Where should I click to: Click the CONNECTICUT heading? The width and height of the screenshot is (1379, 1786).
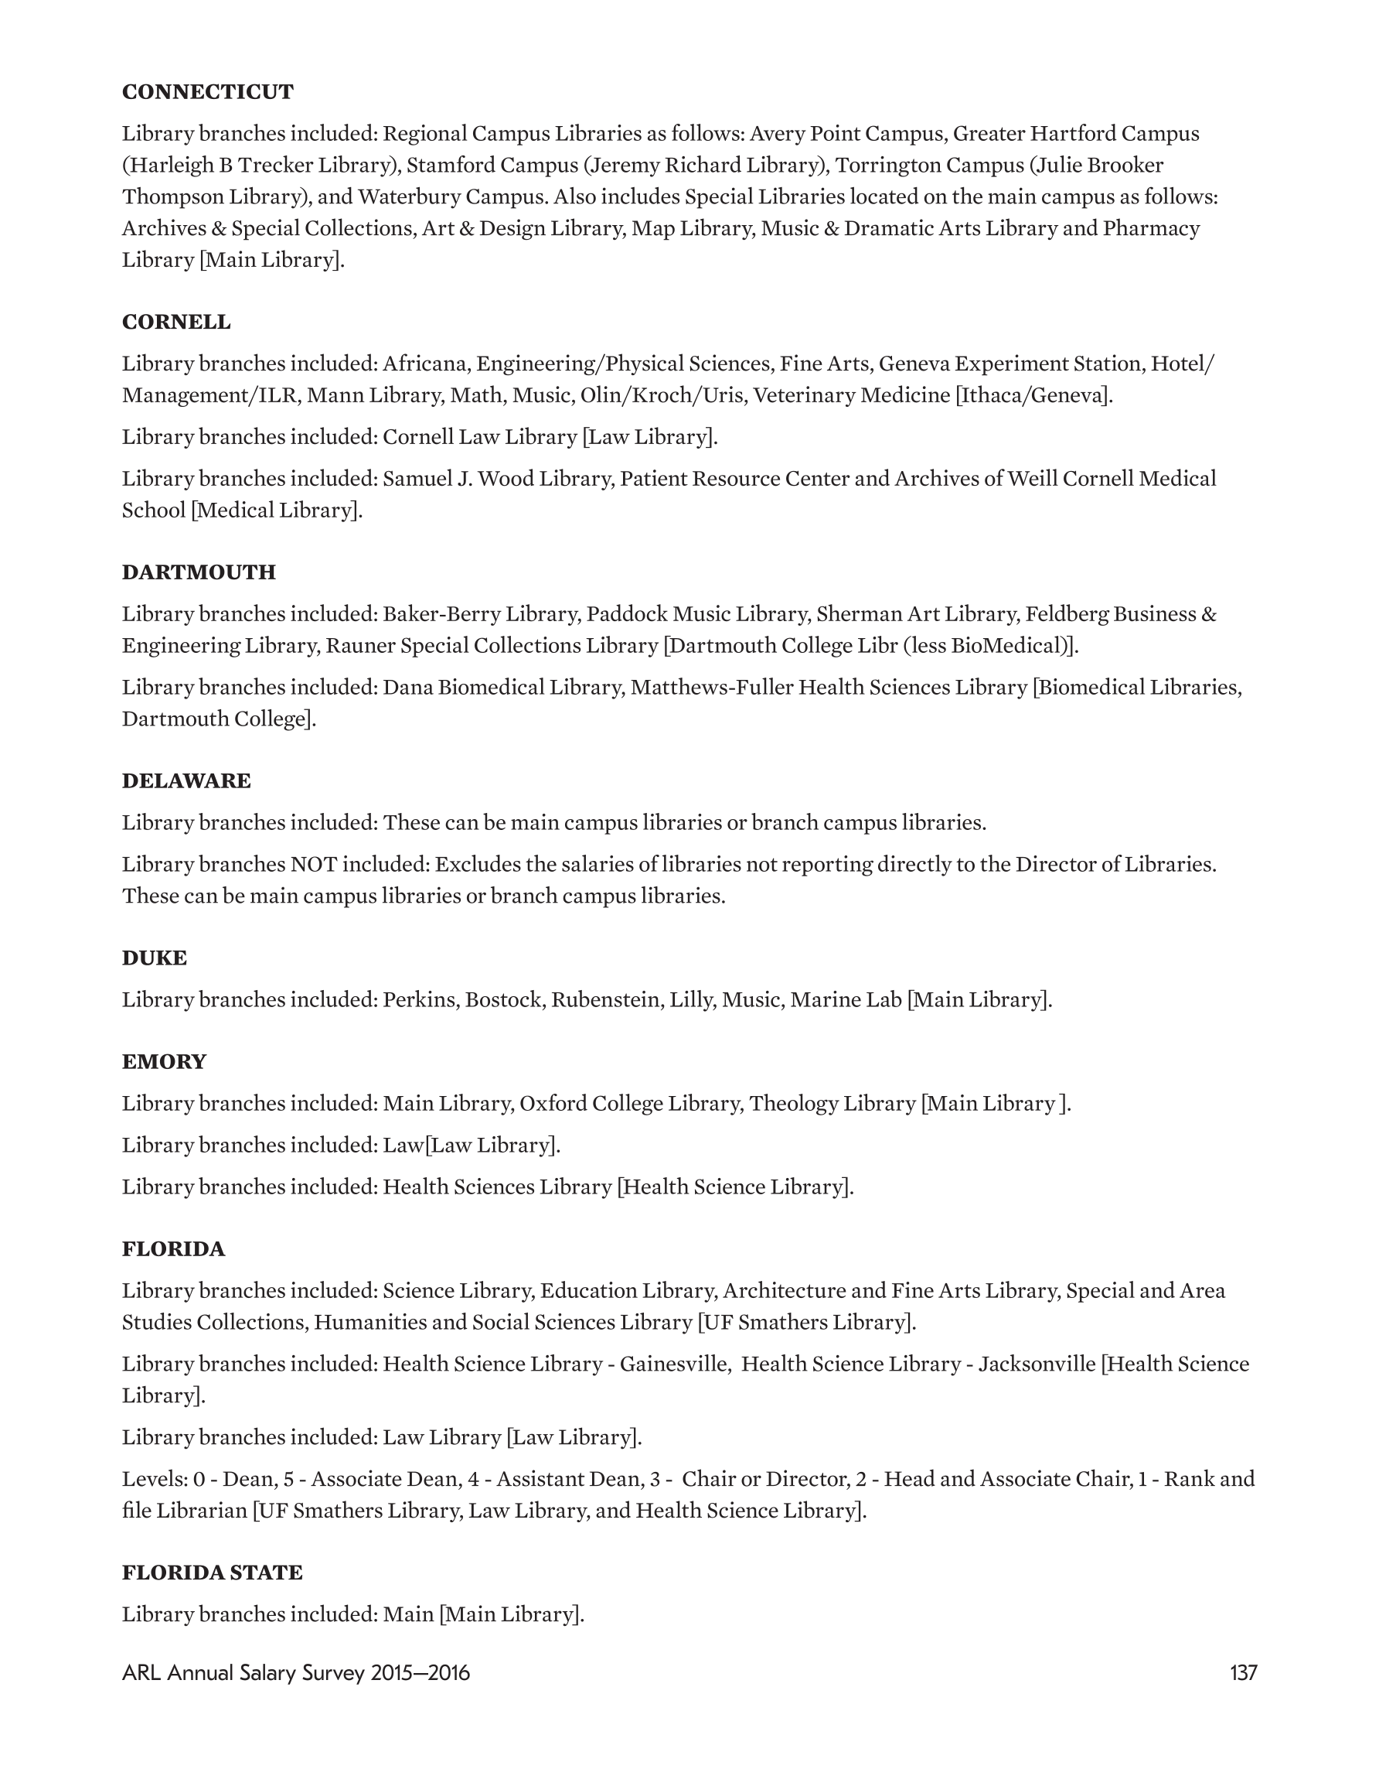208,91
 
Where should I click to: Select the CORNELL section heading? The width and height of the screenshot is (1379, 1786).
175,323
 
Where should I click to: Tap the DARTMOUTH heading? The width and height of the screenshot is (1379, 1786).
199,572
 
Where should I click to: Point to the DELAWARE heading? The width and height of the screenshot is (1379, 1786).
186,781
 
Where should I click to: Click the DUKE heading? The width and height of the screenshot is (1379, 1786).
155,958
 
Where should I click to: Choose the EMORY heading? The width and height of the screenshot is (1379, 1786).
165,1062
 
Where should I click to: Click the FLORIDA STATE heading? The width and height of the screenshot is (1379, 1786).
213,1573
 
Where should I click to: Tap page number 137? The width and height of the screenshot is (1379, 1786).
1242,1673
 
